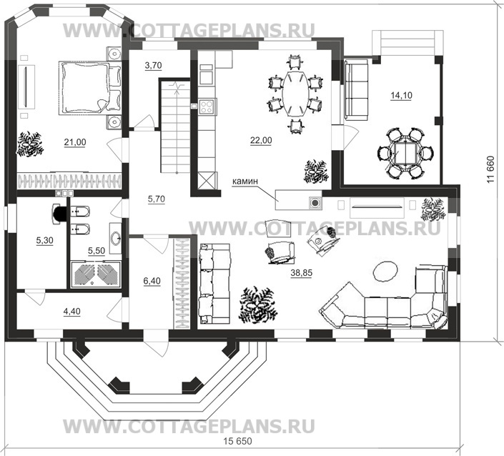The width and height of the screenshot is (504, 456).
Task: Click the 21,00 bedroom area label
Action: [74, 142]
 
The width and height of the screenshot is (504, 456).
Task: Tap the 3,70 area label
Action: [153, 65]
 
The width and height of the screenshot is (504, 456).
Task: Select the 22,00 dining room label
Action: [261, 140]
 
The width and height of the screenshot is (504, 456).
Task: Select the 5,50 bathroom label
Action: [96, 252]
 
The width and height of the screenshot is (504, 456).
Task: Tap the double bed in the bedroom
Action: [85, 86]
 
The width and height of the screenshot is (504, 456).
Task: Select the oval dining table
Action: [293, 91]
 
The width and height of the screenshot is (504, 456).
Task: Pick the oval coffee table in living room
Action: [385, 270]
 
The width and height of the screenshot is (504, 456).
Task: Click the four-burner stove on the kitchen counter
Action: [207, 107]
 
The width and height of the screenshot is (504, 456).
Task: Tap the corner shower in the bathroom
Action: [95, 273]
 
